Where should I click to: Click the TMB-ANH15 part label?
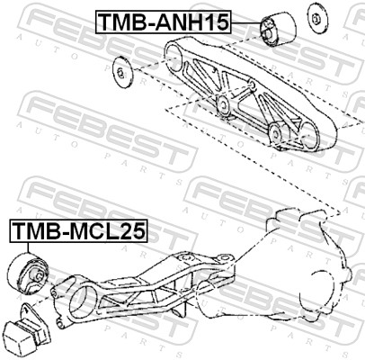click(164, 22)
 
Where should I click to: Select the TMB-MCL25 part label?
click(79, 231)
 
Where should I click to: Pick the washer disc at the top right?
click(316, 18)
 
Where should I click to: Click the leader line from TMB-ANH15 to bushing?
click(246, 22)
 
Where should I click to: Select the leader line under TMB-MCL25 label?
click(28, 248)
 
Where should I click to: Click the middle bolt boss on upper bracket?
click(223, 105)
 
